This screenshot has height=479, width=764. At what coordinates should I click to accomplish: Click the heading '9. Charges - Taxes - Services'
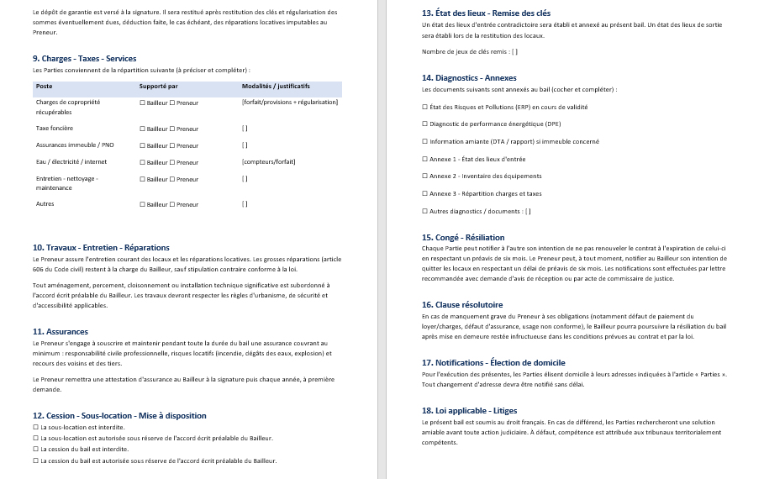[84, 59]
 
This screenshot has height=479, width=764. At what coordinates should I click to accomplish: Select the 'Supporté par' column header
[158, 87]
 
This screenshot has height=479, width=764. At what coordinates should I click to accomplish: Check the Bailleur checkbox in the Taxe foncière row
[142, 129]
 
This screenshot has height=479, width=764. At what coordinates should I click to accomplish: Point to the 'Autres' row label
[45, 204]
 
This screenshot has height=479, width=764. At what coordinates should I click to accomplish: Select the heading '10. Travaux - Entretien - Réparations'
[101, 248]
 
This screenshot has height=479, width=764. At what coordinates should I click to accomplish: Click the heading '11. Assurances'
[61, 332]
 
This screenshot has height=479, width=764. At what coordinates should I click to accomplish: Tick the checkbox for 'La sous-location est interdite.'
[35, 428]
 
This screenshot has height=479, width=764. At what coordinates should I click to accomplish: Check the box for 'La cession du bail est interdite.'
[35, 450]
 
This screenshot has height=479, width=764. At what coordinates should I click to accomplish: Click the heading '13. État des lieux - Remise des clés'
[486, 13]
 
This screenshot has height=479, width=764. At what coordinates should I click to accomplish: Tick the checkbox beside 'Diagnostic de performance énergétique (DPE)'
[424, 124]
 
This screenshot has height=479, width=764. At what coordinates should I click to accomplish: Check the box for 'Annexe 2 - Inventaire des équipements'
[424, 176]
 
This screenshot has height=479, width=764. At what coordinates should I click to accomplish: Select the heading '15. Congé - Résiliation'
[463, 238]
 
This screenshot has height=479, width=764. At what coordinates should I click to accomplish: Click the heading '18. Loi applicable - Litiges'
[469, 411]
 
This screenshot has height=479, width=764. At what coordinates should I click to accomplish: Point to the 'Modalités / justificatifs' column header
[276, 87]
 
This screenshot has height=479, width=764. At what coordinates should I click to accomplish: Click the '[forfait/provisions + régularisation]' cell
[290, 103]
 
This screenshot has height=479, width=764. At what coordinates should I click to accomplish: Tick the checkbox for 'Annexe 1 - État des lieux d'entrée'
[424, 159]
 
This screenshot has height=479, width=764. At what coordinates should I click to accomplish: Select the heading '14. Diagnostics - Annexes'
[469, 78]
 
